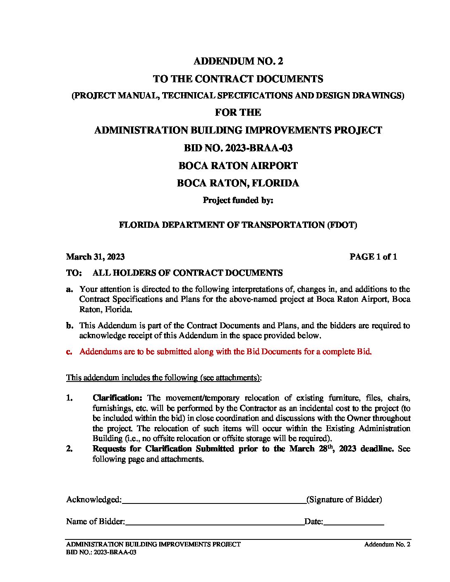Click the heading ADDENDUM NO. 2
tap(238, 62)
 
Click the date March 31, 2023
tap(95, 257)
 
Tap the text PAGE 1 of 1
tap(373, 257)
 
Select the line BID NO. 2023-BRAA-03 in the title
tap(238, 148)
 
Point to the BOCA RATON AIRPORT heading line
tap(238, 166)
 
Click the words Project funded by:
tap(238, 200)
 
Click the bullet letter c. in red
tap(69, 352)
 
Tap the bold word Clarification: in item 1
tap(117, 398)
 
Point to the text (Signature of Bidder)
tap(344, 500)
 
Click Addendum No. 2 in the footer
tap(387, 545)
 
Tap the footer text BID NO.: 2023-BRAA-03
tap(101, 552)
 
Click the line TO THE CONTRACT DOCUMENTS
tap(238, 79)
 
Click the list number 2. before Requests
tap(69, 449)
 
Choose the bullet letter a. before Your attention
tap(69, 289)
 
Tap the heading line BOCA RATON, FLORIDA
tap(238, 184)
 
